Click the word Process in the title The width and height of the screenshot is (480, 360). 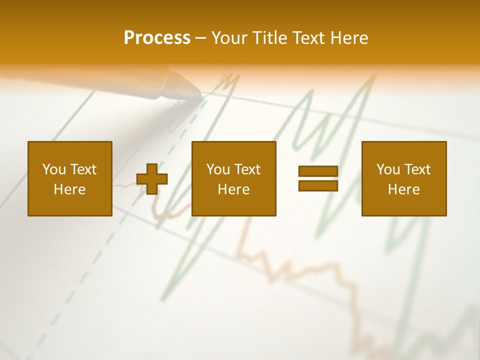pyautogui.click(x=157, y=38)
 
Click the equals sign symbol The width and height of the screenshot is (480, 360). pyautogui.click(x=318, y=178)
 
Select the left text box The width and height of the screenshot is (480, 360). pyautogui.click(x=69, y=178)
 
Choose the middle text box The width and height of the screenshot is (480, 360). pyautogui.click(x=233, y=178)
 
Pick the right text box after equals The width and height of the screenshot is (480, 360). pyautogui.click(x=403, y=178)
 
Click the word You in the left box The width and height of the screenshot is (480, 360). pyautogui.click(x=53, y=169)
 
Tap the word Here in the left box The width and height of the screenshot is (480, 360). pyautogui.click(x=69, y=189)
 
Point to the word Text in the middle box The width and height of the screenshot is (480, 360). pyautogui.click(x=247, y=169)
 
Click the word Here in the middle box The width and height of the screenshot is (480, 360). pyautogui.click(x=233, y=189)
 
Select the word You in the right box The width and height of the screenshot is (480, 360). pyautogui.click(x=387, y=169)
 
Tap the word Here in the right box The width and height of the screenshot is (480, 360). pyautogui.click(x=403, y=189)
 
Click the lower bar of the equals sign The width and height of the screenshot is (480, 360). pyautogui.click(x=318, y=185)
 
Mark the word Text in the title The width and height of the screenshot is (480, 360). pyautogui.click(x=308, y=38)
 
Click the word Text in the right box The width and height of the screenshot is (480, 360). pyautogui.click(x=417, y=169)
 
